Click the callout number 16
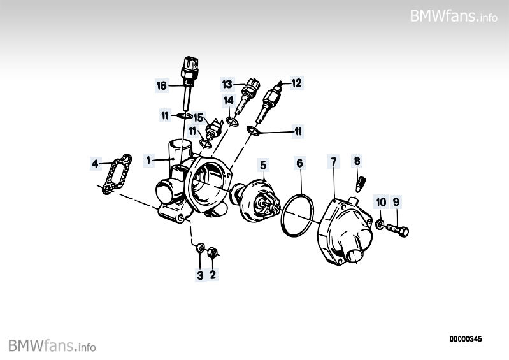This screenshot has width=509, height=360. [162, 85]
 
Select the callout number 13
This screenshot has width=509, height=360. [227, 84]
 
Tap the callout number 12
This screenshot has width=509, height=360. [297, 83]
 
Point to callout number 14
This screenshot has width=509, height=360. [229, 101]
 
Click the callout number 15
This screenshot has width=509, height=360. [198, 117]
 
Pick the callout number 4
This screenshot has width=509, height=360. [95, 164]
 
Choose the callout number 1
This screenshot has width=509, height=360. [148, 161]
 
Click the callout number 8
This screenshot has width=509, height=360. [357, 161]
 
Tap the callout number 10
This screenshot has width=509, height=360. [381, 202]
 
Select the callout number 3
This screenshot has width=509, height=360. [200, 275]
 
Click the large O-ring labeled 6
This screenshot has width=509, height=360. [298, 214]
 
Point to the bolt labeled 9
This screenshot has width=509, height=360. [397, 230]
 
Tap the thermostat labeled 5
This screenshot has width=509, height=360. [257, 201]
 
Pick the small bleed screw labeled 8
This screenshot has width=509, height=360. [361, 184]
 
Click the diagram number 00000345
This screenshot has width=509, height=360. [466, 339]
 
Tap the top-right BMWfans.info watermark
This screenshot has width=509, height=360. [454, 16]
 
